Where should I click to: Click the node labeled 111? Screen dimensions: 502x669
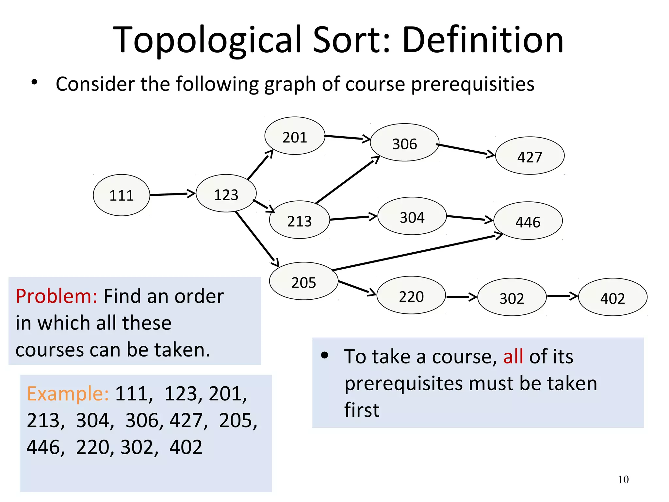[x=122, y=195]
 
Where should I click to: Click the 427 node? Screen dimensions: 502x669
[x=530, y=156]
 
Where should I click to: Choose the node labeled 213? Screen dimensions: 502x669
[x=299, y=220]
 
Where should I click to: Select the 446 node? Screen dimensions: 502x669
[x=528, y=221]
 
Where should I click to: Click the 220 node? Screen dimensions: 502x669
[x=411, y=295]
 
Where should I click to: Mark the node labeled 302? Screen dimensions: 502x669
[x=512, y=297]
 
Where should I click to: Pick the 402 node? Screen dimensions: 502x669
[x=612, y=297]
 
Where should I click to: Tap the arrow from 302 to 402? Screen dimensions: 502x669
[x=562, y=296]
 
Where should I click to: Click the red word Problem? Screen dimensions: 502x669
[x=57, y=296]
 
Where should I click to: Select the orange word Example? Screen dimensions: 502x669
[x=68, y=393]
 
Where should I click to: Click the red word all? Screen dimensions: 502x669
[x=513, y=356]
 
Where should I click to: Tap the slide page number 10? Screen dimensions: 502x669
[x=623, y=479]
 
